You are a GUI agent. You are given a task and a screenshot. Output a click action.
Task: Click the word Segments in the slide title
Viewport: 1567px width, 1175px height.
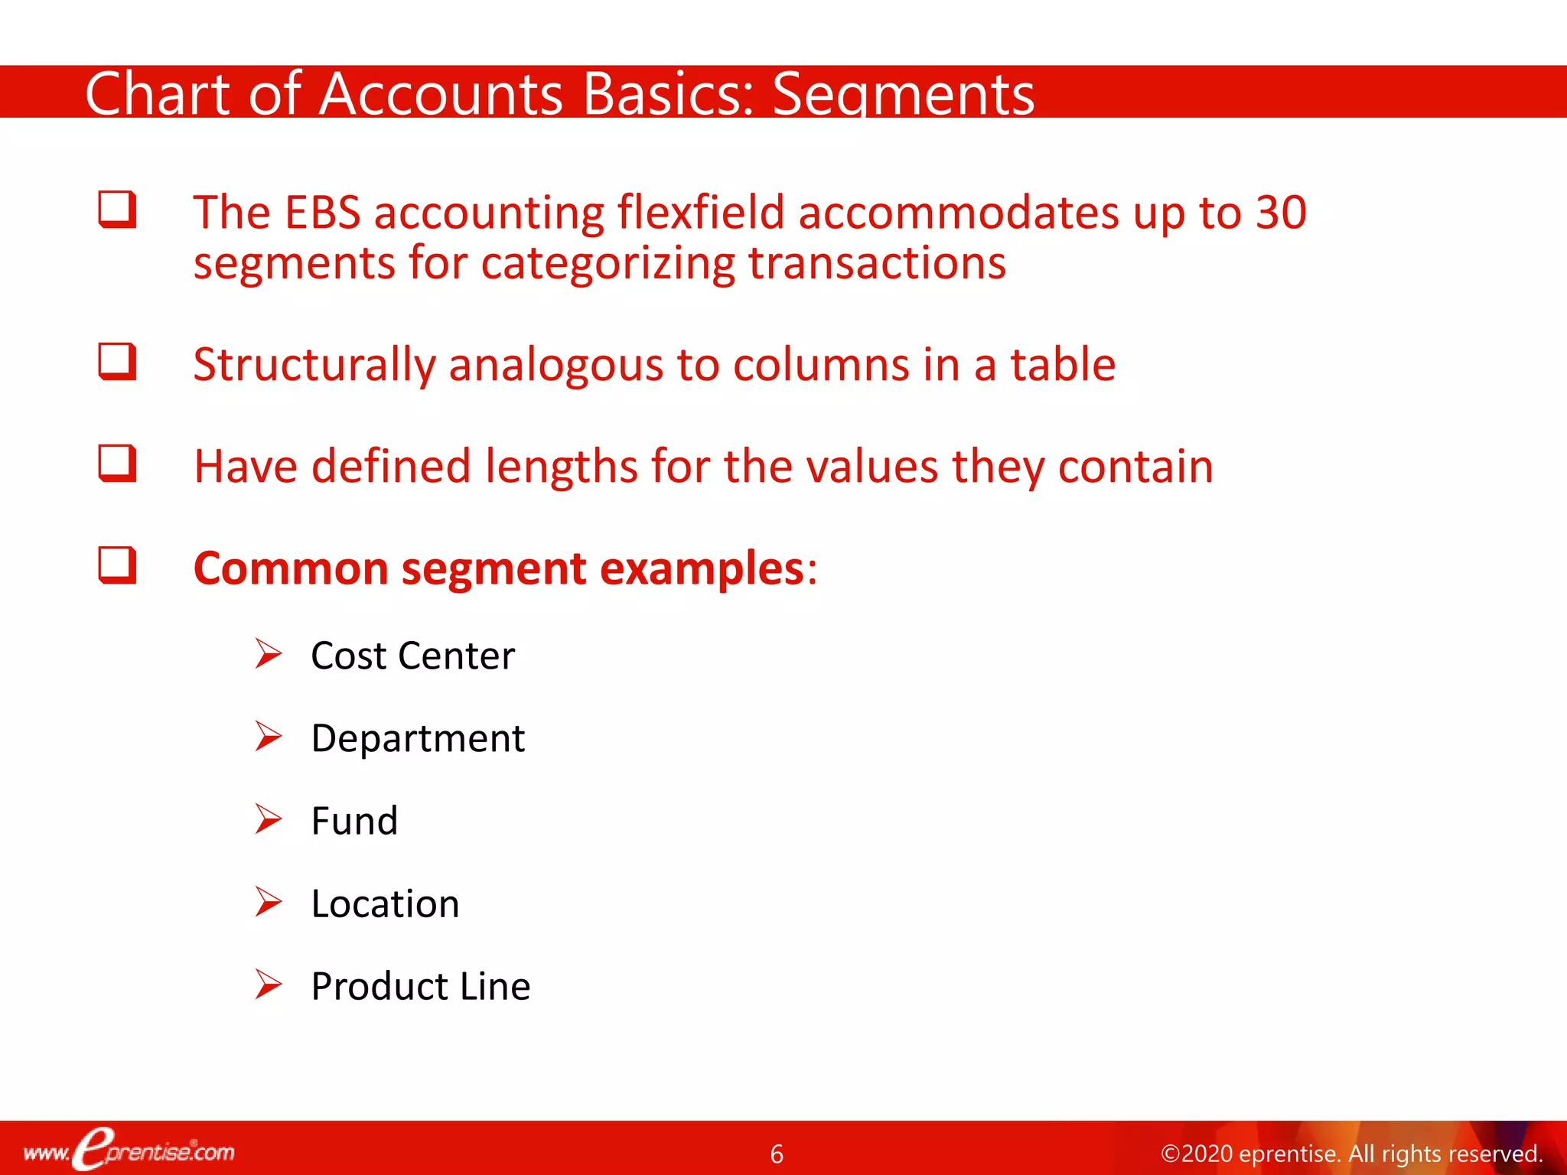(x=903, y=95)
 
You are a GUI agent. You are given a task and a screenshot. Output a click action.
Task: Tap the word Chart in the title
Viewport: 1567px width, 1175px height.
(x=157, y=95)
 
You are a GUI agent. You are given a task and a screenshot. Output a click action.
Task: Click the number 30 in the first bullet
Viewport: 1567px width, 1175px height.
(x=1281, y=213)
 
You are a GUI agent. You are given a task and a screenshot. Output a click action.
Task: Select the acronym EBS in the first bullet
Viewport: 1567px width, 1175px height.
(x=322, y=213)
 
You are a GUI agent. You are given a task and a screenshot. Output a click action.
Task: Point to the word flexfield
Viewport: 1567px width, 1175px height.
(x=701, y=213)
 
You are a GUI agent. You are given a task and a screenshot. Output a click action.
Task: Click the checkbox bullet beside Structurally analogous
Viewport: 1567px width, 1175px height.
(x=117, y=362)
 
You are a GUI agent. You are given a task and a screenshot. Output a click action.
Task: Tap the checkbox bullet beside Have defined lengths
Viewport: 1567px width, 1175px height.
(x=117, y=464)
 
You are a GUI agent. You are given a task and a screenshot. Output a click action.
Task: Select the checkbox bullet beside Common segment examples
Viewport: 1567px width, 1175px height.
(x=117, y=565)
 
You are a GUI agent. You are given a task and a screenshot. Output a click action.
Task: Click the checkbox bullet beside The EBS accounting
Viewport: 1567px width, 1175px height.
(x=117, y=210)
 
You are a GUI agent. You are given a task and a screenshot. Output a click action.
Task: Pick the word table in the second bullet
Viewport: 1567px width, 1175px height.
(x=1063, y=364)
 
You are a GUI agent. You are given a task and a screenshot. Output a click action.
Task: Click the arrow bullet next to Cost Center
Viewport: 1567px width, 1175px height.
(x=269, y=654)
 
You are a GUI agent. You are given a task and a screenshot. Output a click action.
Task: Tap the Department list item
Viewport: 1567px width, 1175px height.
(x=418, y=739)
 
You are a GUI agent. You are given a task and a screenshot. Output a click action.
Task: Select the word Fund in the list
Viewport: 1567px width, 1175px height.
(x=354, y=821)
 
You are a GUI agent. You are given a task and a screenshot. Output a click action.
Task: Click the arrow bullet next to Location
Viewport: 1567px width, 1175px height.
(x=269, y=902)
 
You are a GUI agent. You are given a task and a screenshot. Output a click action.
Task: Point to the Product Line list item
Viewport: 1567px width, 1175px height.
(x=420, y=986)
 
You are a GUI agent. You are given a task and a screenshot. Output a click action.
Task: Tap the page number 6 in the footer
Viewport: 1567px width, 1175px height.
(x=777, y=1154)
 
